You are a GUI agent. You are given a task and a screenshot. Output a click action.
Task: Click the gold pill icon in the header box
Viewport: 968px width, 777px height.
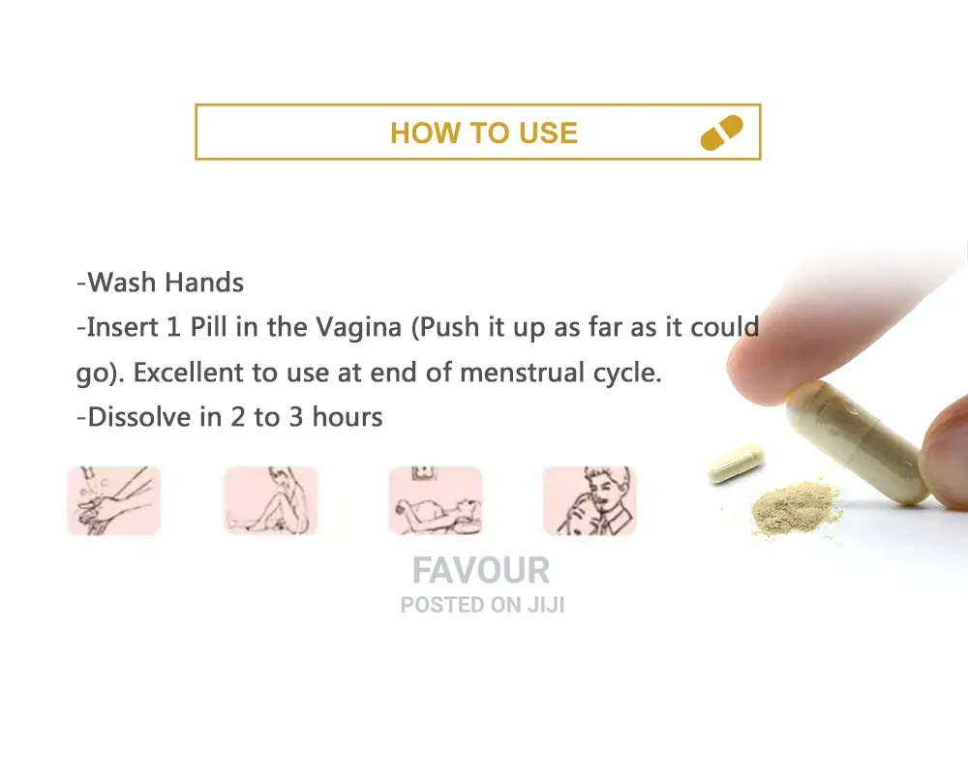point(722,133)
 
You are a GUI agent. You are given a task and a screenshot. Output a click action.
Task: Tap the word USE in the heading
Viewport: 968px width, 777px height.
point(548,134)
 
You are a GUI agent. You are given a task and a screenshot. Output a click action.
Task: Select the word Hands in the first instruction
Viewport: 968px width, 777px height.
point(204,283)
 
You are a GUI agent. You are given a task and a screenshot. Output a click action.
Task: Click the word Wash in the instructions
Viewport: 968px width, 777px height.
point(122,283)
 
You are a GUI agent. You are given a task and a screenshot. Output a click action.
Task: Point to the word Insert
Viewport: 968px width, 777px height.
point(122,327)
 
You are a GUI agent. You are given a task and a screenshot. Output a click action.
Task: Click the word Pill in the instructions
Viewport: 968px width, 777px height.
point(209,327)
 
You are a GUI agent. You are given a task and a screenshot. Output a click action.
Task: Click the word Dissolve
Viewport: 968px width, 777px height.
point(139,417)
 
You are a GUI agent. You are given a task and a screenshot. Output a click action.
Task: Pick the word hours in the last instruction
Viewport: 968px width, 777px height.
point(348,417)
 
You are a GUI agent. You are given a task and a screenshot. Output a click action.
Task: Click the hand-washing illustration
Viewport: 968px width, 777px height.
point(114,500)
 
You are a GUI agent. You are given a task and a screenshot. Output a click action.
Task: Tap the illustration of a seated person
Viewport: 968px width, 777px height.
point(271,500)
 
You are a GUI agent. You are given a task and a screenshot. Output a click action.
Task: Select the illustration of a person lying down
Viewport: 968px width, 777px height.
point(436,500)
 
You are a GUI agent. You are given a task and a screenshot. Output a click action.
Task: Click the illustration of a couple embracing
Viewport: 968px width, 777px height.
point(590,500)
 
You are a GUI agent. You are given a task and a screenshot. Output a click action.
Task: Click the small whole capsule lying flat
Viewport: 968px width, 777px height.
point(736,463)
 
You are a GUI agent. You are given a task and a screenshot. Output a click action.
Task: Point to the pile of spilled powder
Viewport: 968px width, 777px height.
point(795,507)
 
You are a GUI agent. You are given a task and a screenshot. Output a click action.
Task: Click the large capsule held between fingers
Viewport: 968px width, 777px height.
point(858,440)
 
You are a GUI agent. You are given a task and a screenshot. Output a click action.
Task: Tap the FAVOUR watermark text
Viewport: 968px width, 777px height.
point(481,570)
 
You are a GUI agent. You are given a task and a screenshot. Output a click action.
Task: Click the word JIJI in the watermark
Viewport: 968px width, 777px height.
point(546,605)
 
